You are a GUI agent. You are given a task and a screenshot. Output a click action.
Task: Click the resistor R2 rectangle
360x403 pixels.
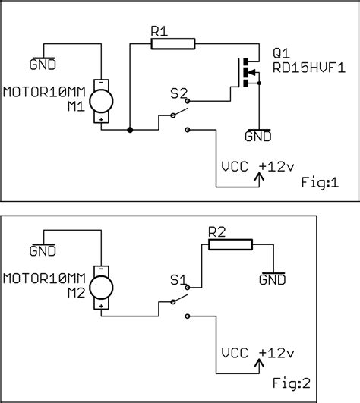(230, 244)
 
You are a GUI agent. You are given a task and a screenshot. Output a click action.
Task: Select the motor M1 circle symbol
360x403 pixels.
(100, 99)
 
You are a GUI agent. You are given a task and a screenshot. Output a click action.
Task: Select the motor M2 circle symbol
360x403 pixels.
(100, 287)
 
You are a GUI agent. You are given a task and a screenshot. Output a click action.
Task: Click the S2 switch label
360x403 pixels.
(179, 95)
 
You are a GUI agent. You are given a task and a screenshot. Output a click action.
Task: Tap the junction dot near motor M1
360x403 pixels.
(131, 131)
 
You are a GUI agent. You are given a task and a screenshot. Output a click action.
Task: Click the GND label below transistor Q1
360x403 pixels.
(258, 137)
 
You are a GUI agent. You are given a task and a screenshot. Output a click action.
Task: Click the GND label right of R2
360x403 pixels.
(272, 279)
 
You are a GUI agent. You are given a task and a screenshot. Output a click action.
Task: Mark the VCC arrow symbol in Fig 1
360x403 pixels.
(260, 178)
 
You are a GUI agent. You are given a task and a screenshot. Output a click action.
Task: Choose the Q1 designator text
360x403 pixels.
(281, 54)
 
